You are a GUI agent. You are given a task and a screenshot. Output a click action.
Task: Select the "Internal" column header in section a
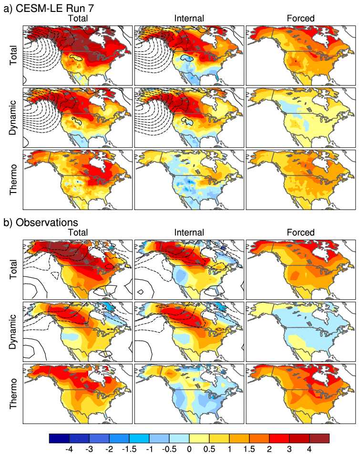coord(189,18)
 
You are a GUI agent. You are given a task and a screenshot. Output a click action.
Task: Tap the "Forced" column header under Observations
coord(301,233)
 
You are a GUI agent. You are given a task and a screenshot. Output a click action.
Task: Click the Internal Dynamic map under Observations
coord(189,331)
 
